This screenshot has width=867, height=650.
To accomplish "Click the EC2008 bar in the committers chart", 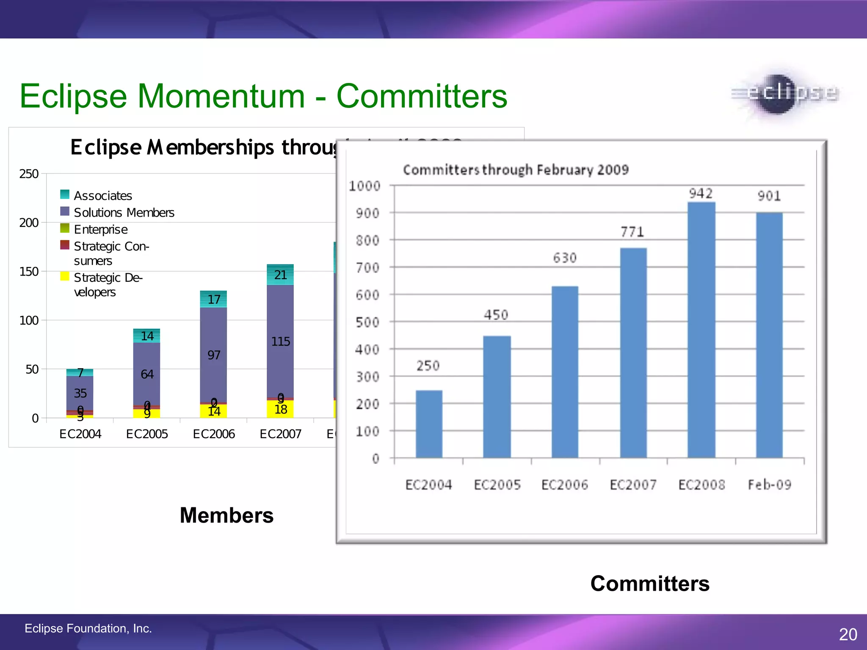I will (x=701, y=330).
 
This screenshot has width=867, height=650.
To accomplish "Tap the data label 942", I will (x=701, y=193).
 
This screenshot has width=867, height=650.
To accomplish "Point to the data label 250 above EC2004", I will (x=428, y=366).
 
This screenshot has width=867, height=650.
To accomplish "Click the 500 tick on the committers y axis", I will (x=368, y=322).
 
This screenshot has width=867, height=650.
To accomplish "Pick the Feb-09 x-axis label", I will (x=769, y=485).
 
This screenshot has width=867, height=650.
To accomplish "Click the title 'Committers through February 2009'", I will (x=516, y=170).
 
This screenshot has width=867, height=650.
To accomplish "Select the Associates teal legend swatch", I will (x=65, y=194).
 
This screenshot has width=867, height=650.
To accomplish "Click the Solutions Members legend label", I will (x=124, y=212).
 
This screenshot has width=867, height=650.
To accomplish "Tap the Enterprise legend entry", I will (x=101, y=229).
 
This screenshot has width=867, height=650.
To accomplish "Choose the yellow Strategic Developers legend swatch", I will (x=65, y=276).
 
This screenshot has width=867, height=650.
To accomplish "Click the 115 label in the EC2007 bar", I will (x=280, y=342).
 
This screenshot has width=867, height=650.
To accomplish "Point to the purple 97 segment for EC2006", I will (x=213, y=355).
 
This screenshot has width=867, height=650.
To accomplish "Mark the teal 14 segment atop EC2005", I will (x=146, y=336).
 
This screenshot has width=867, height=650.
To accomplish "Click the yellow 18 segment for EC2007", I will (x=280, y=409).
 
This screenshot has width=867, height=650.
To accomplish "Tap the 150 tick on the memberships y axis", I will (x=29, y=271).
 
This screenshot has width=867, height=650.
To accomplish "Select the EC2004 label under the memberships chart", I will (x=80, y=434).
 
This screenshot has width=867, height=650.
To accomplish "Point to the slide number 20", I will (x=848, y=634).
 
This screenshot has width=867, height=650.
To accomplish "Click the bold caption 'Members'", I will (x=226, y=515).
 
